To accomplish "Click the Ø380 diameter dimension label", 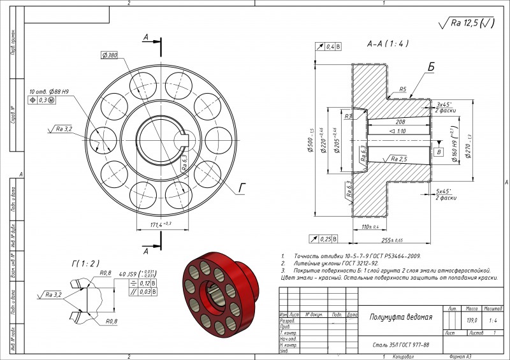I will pyautogui.click(x=109, y=56).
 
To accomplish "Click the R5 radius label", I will pyautogui.click(x=403, y=89).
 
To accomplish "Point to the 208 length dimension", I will pyautogui.click(x=400, y=121).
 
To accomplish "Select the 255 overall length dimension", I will pyautogui.click(x=390, y=240).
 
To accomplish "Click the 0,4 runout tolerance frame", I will pyautogui.click(x=330, y=47).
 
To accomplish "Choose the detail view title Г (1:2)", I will pyautogui.click(x=85, y=263).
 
